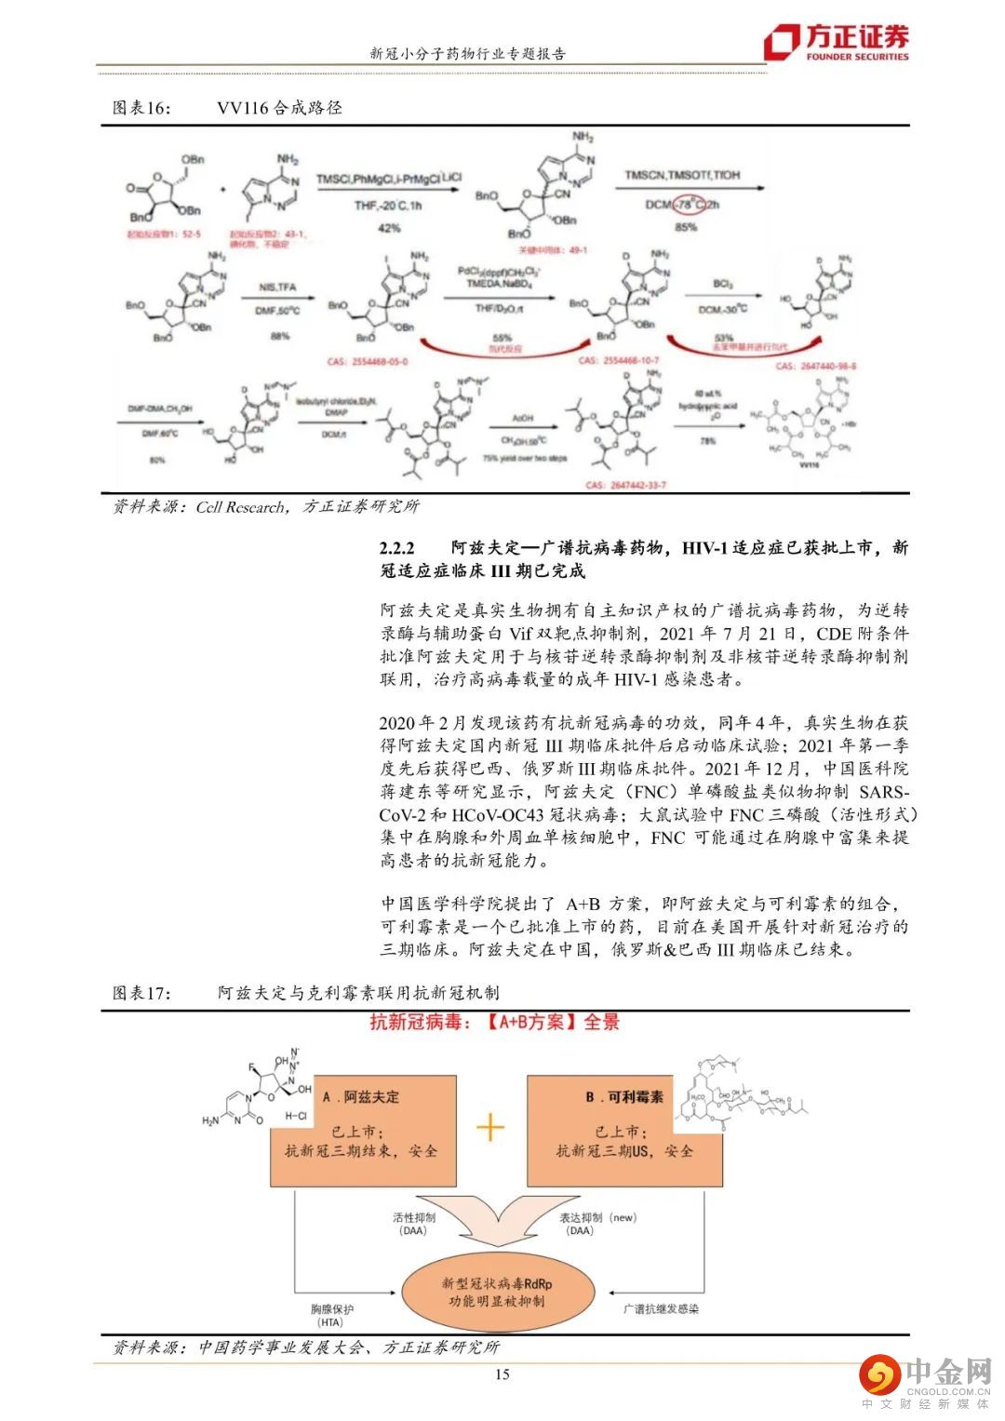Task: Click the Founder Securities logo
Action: coord(836,42)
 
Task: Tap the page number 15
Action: coord(502,1374)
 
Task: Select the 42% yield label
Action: coord(389,228)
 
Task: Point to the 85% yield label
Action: coord(686,227)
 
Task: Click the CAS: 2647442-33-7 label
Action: coord(625,485)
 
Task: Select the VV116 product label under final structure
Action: coord(810,462)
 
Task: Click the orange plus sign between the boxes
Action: coord(490,1128)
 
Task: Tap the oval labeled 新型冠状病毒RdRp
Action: coord(497,1292)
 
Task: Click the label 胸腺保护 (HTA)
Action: coord(331,1315)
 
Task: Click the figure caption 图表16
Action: coord(142,108)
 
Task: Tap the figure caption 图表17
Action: coord(142,993)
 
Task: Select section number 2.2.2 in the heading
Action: coord(397,548)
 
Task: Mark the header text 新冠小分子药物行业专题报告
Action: coord(468,54)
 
